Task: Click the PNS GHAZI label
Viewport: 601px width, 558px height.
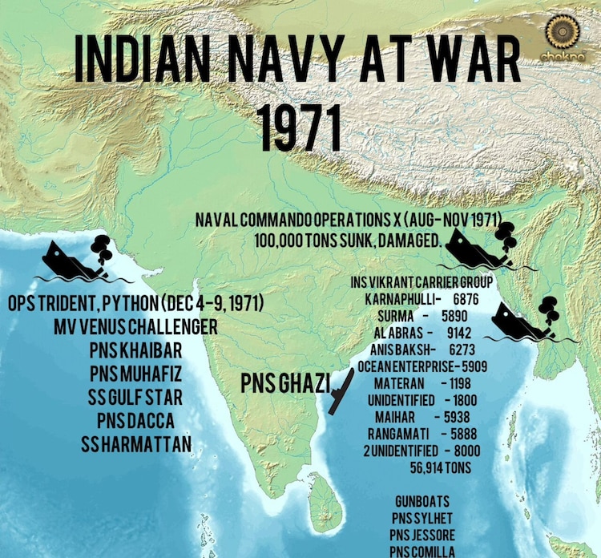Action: tap(284, 384)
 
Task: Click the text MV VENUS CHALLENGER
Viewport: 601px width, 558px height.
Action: tap(136, 327)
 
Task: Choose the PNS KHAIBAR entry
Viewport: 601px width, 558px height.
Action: tap(136, 350)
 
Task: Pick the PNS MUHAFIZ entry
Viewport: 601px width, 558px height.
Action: tap(136, 374)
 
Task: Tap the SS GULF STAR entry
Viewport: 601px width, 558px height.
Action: tap(136, 397)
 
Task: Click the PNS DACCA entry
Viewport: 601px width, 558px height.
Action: tap(136, 420)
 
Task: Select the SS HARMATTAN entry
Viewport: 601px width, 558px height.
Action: tap(136, 443)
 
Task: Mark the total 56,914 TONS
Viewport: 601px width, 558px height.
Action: tap(441, 467)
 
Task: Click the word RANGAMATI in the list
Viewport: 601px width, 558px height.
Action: tap(398, 433)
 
